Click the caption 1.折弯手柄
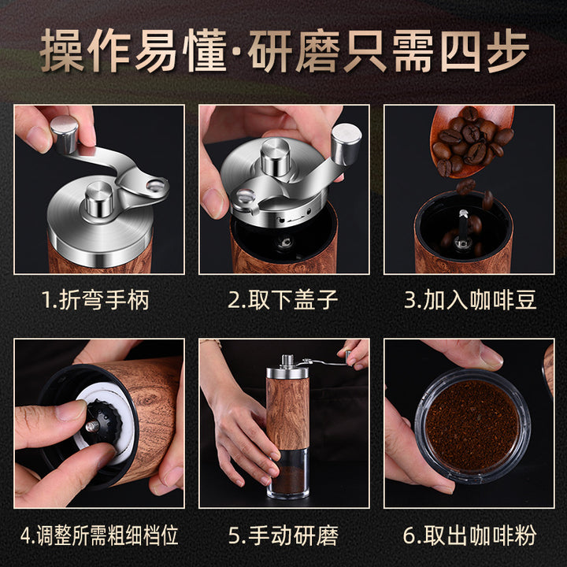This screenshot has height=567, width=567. pos(95,299)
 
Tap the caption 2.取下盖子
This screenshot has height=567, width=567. pos(283,299)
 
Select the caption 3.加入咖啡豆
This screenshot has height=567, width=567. pos(470,299)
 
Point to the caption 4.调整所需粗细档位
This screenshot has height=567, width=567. pos(99,535)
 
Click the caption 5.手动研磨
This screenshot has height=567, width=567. pos(283,535)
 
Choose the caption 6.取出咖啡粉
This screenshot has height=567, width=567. pos(469,535)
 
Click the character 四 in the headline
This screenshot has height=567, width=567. pos(461,51)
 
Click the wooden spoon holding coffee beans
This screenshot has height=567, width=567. pos(471,140)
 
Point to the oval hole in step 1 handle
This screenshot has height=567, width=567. pos(155,186)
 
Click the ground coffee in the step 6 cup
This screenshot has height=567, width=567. pos(472,425)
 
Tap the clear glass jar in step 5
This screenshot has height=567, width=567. pos(288,472)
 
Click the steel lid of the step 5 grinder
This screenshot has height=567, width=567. pos(287,372)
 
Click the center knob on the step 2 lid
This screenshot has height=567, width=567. pos(276,156)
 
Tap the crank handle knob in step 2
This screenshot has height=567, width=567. pos(346,143)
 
